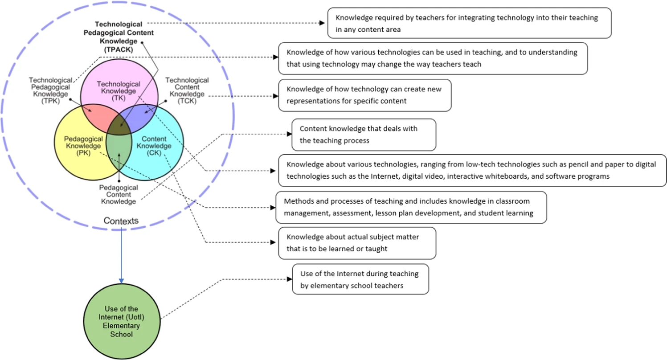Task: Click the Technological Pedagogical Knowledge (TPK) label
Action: [x=50, y=90]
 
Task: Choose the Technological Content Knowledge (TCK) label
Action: [x=187, y=90]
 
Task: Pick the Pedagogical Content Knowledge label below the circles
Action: [x=118, y=195]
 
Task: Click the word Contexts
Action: [x=121, y=221]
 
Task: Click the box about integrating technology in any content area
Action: [x=469, y=23]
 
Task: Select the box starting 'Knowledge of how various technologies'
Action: [x=433, y=58]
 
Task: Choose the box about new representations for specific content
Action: [x=364, y=95]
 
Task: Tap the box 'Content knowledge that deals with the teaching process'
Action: [x=363, y=135]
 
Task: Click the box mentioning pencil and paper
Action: [x=472, y=170]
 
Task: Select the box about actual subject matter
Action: [x=357, y=243]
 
